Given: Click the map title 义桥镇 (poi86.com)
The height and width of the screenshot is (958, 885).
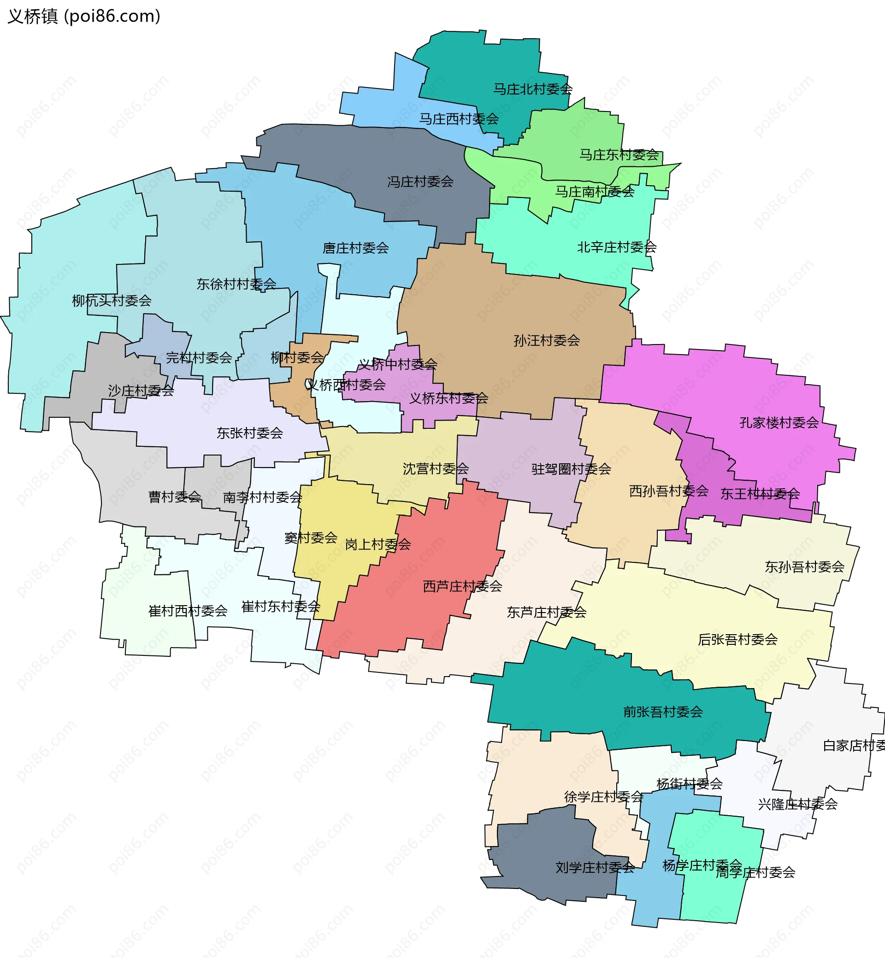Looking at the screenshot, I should click(84, 16).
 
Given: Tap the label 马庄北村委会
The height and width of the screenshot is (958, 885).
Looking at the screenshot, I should click(532, 89).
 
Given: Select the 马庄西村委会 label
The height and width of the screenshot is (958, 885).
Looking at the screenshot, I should click(458, 119).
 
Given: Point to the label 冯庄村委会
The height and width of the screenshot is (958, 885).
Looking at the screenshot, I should click(420, 181).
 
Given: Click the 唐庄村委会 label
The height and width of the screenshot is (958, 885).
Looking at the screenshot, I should click(355, 248).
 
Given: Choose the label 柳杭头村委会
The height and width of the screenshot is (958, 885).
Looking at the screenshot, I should click(112, 300).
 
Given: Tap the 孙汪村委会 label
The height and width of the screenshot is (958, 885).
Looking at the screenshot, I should click(546, 340).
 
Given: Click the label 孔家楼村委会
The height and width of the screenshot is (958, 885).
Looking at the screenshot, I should click(779, 422).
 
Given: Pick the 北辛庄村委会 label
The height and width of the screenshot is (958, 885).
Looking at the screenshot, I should click(616, 247).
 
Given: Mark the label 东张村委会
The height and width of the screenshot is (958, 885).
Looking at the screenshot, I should click(249, 433).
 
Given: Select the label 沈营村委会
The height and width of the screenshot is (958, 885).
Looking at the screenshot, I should click(435, 468).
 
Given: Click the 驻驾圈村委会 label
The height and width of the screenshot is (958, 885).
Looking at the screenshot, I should click(571, 469).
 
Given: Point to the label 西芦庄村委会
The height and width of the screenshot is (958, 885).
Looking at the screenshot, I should click(462, 586).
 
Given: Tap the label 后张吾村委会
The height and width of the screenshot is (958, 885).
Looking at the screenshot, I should click(737, 639).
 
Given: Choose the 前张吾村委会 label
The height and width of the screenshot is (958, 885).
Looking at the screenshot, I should click(663, 712).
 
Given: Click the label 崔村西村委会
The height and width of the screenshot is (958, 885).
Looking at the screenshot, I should click(188, 611).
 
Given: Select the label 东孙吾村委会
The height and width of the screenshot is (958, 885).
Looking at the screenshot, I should click(804, 567).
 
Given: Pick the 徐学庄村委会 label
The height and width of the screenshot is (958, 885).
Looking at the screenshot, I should click(603, 797).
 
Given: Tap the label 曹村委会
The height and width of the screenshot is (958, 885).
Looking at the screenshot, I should click(174, 497).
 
